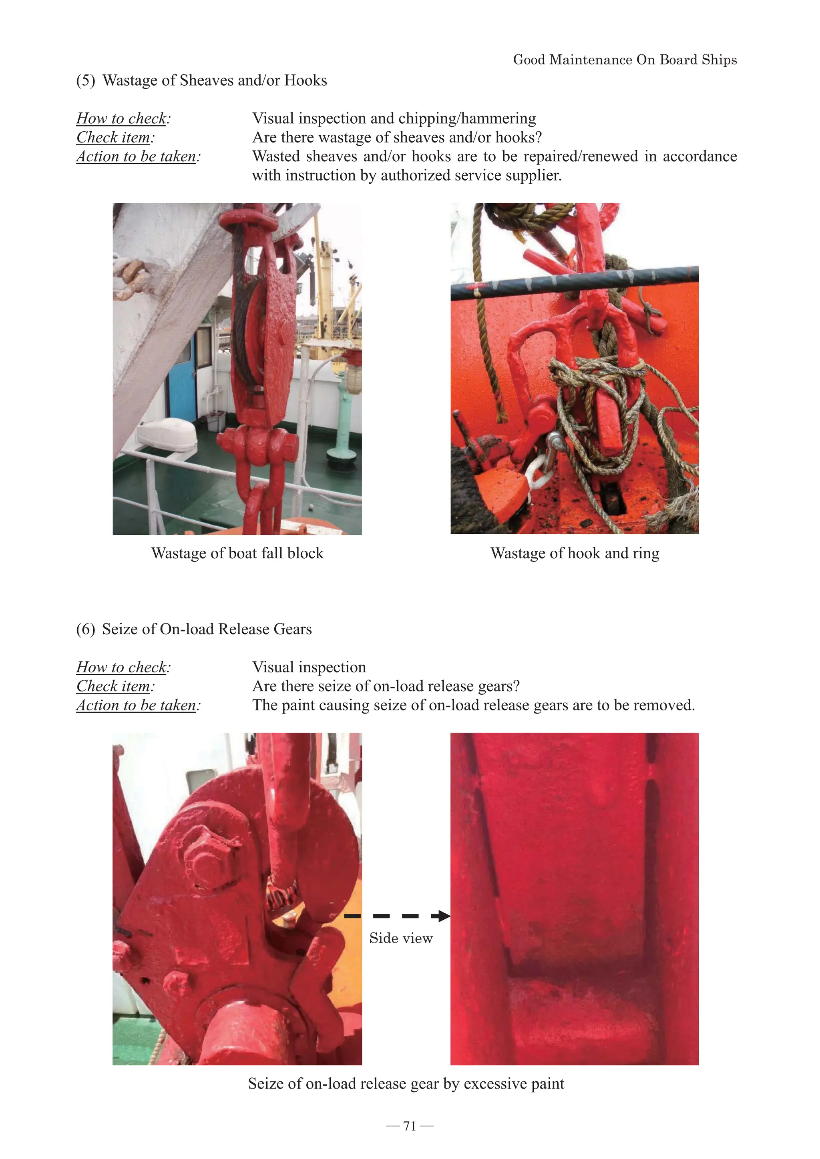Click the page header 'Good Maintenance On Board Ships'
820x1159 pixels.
[x=625, y=60]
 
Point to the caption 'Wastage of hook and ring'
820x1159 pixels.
[x=575, y=553]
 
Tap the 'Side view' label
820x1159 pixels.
[x=401, y=938]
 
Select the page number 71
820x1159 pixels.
[x=410, y=1126]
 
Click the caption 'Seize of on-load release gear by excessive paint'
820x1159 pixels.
[x=406, y=1083]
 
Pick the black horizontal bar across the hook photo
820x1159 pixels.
[x=575, y=282]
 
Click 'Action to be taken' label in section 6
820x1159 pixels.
[x=137, y=705]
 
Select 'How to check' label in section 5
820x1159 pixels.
[x=122, y=118]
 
